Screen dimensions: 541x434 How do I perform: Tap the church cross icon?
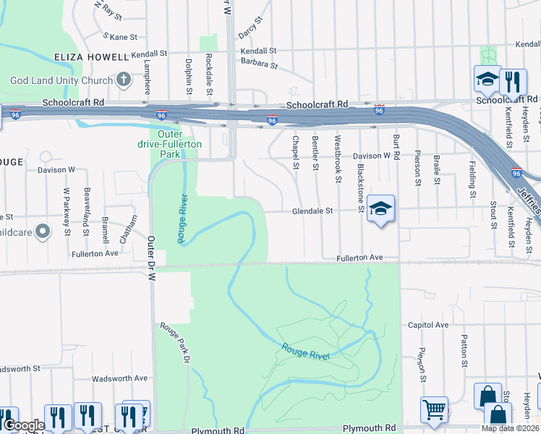[x=124, y=79]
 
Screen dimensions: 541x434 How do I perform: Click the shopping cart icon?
[x=434, y=409]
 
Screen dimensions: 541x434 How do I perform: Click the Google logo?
[x=24, y=425]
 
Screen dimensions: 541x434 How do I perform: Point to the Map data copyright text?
[x=511, y=428]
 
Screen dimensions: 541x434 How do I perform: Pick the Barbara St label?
[x=260, y=64]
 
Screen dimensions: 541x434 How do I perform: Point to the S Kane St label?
[x=120, y=35]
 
